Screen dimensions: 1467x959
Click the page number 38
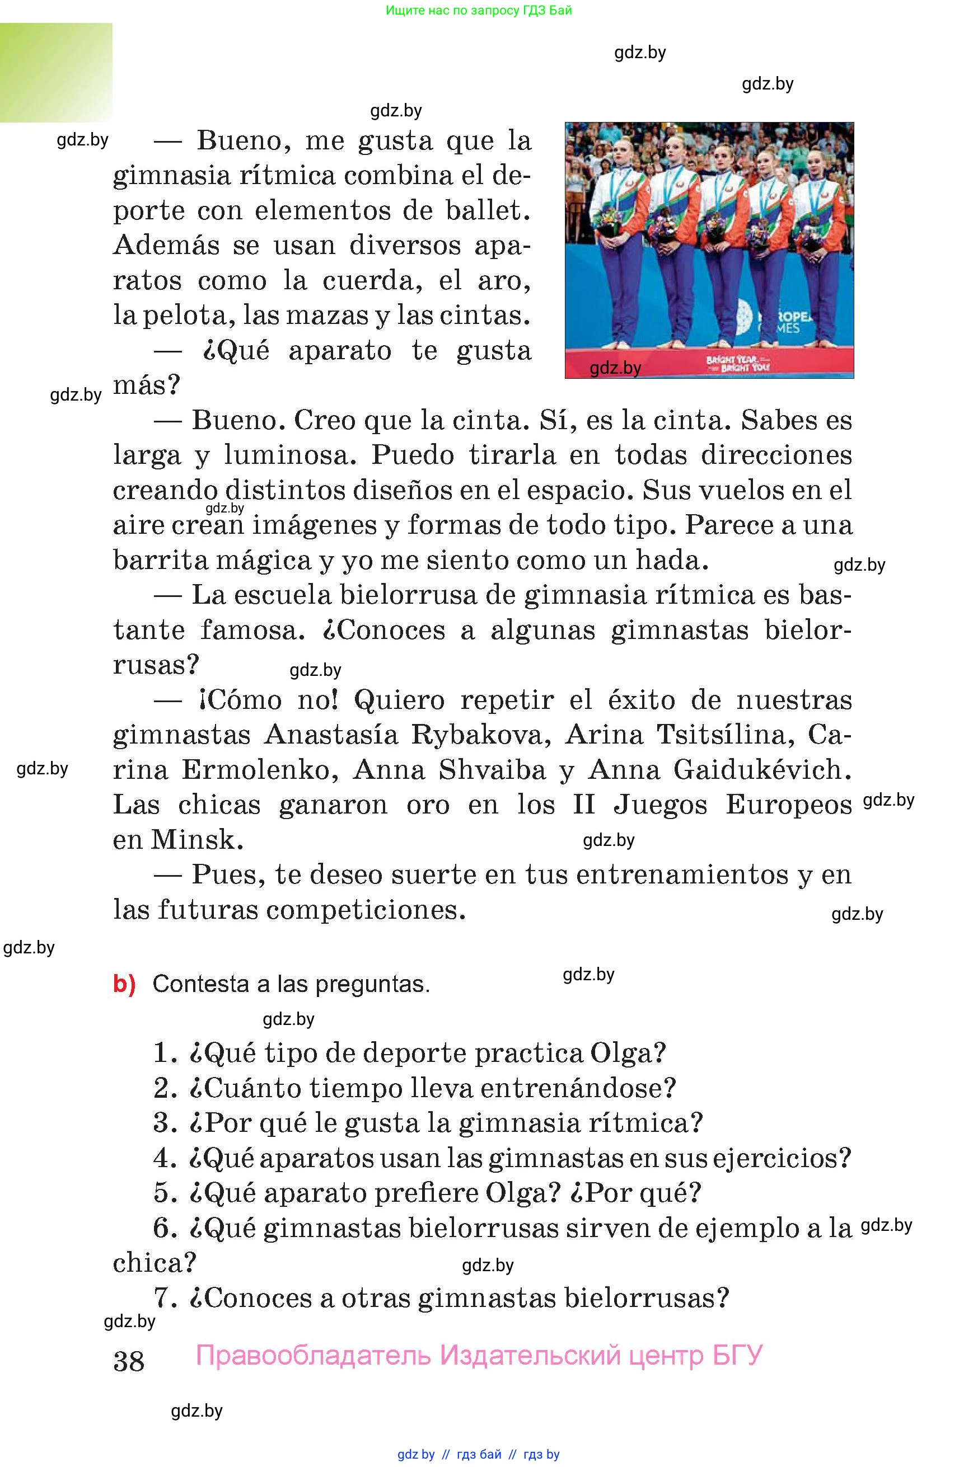pyautogui.click(x=129, y=1360)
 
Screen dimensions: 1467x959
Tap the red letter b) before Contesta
pyautogui.click(x=124, y=984)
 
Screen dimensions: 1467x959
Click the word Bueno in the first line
pyautogui.click(x=244, y=141)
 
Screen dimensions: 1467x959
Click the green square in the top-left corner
pyautogui.click(x=56, y=73)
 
